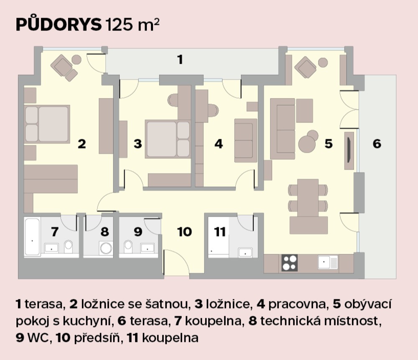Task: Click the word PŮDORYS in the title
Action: pyautogui.click(x=59, y=25)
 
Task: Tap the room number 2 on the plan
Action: pyautogui.click(x=82, y=144)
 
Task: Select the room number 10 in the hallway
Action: pyautogui.click(x=184, y=232)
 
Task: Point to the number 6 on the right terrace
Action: pyautogui.click(x=377, y=144)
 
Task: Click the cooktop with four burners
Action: pyautogui.click(x=290, y=263)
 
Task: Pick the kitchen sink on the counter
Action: pyautogui.click(x=328, y=262)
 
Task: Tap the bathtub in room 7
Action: pyautogui.click(x=32, y=237)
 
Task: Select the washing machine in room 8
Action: pyautogui.click(x=106, y=248)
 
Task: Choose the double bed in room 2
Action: pyautogui.click(x=47, y=124)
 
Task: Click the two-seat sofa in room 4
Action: pyautogui.click(x=245, y=140)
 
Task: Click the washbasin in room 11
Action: pyautogui.click(x=245, y=252)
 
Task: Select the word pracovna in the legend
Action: pyautogui.click(x=297, y=304)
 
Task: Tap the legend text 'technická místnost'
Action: pyautogui.click(x=319, y=321)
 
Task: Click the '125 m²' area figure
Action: pyautogui.click(x=133, y=25)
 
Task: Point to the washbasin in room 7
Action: pyautogui.click(x=52, y=248)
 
